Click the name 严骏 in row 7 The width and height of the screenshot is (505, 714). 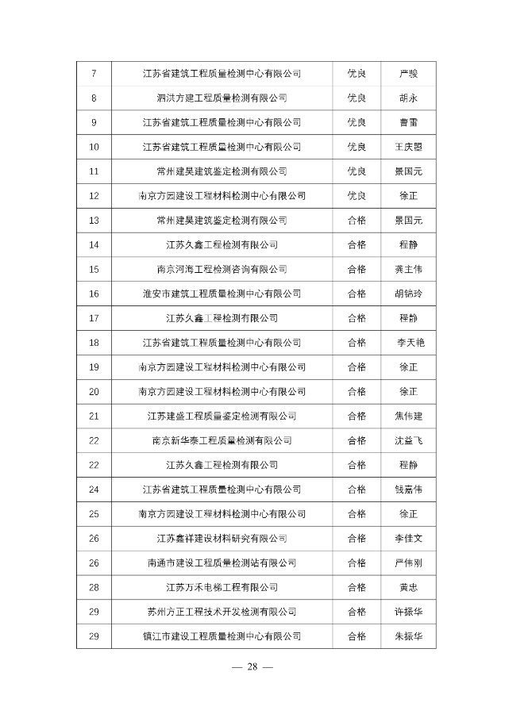tap(408, 74)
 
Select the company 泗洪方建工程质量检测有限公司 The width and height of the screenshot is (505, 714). tap(222, 98)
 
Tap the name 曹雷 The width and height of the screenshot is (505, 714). tap(408, 122)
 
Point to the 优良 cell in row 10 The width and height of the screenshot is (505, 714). tap(357, 147)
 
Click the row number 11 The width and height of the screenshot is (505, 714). tap(94, 171)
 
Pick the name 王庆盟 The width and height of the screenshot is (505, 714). tap(408, 147)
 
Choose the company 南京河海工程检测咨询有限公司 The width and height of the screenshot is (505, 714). tap(222, 269)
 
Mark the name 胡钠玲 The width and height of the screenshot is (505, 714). tap(408, 294)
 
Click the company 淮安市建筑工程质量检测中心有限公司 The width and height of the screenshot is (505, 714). tap(222, 294)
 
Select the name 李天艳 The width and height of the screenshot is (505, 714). tap(408, 342)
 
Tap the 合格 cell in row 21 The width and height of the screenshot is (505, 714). tap(357, 416)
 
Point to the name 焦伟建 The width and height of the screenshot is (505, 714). tap(408, 416)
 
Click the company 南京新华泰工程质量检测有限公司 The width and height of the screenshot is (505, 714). tap(222, 440)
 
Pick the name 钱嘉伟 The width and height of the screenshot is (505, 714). tap(408, 489)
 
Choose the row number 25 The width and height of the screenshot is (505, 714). tap(94, 514)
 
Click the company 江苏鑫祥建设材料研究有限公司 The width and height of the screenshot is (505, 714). tap(222, 539)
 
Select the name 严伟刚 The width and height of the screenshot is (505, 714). tap(408, 562)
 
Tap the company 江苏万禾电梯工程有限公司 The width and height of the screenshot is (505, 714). tap(222, 587)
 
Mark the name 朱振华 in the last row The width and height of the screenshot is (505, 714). tap(408, 636)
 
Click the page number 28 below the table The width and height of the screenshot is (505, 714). tap(252, 666)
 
